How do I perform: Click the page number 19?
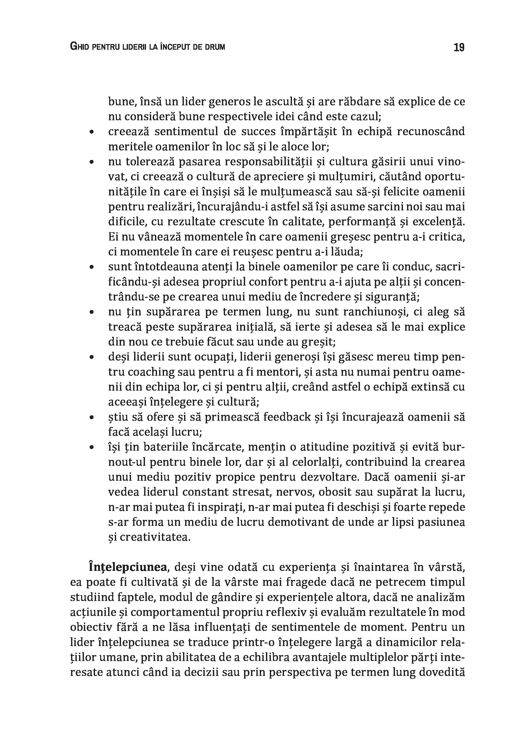459,47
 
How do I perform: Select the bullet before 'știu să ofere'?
92,417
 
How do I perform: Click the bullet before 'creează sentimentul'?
92,132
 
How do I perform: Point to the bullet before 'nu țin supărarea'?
92,312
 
